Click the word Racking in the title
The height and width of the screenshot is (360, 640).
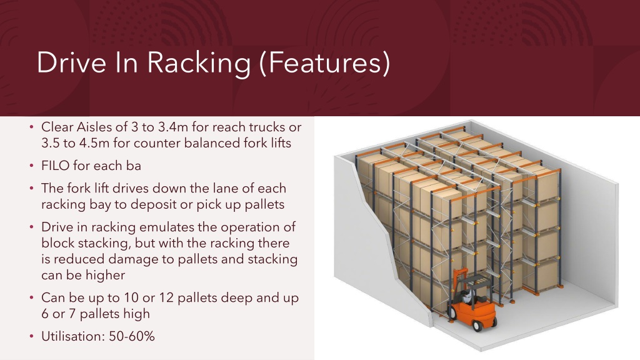pos(198,63)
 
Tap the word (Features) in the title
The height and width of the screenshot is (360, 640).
pos(324,62)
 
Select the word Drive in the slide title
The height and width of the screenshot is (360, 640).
pos(71,62)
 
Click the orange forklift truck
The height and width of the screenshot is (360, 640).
pos(473,299)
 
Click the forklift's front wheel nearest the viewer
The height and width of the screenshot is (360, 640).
pos(477,325)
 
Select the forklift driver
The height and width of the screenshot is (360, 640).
pos(467,292)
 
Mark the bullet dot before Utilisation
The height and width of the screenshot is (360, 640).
pos(32,337)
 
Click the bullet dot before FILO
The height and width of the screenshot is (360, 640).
pos(32,166)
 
